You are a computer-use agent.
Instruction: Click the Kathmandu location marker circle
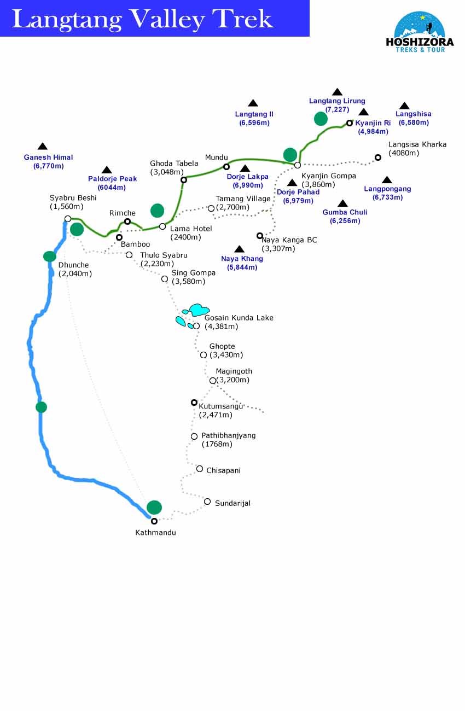pyautogui.click(x=154, y=521)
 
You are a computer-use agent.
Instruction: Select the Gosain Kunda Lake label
pyautogui.click(x=239, y=318)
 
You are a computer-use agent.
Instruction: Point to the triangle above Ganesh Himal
pyautogui.click(x=43, y=147)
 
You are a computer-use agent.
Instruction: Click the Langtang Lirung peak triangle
pyautogui.click(x=337, y=92)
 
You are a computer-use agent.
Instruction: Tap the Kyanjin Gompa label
pyautogui.click(x=328, y=176)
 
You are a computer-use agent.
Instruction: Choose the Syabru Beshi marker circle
pyautogui.click(x=68, y=219)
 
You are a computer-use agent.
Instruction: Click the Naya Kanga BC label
pyautogui.click(x=289, y=240)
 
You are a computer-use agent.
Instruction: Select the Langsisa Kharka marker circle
pyautogui.click(x=377, y=158)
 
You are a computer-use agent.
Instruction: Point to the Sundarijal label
pyautogui.click(x=233, y=503)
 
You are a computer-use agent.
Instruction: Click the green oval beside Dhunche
pyautogui.click(x=50, y=256)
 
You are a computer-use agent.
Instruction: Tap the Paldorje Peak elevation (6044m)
pyautogui.click(x=112, y=188)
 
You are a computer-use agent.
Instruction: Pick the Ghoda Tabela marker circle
pyautogui.click(x=184, y=179)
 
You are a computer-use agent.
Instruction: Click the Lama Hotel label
pyautogui.click(x=191, y=229)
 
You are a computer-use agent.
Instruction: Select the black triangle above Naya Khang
pyautogui.click(x=239, y=249)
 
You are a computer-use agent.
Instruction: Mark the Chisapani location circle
pyautogui.click(x=200, y=469)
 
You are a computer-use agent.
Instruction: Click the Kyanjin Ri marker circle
pyautogui.click(x=350, y=123)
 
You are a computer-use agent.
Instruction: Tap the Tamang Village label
pyautogui.click(x=243, y=199)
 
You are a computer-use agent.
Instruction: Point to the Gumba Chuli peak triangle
pyautogui.click(x=342, y=203)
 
